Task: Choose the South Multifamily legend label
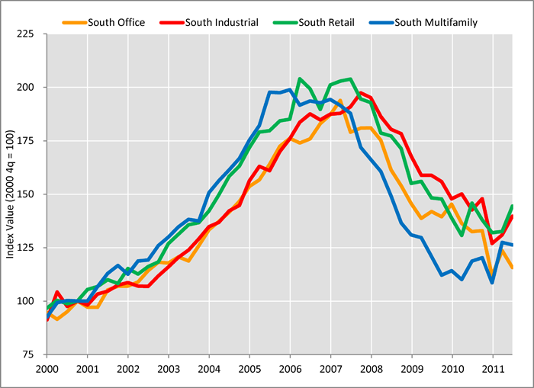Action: (436, 22)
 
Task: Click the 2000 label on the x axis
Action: (47, 367)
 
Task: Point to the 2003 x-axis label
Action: (169, 367)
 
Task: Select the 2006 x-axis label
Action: (290, 367)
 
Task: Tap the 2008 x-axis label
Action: (371, 367)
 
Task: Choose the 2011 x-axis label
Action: (492, 367)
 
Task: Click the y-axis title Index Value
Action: (11, 194)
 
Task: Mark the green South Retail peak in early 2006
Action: (300, 79)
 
